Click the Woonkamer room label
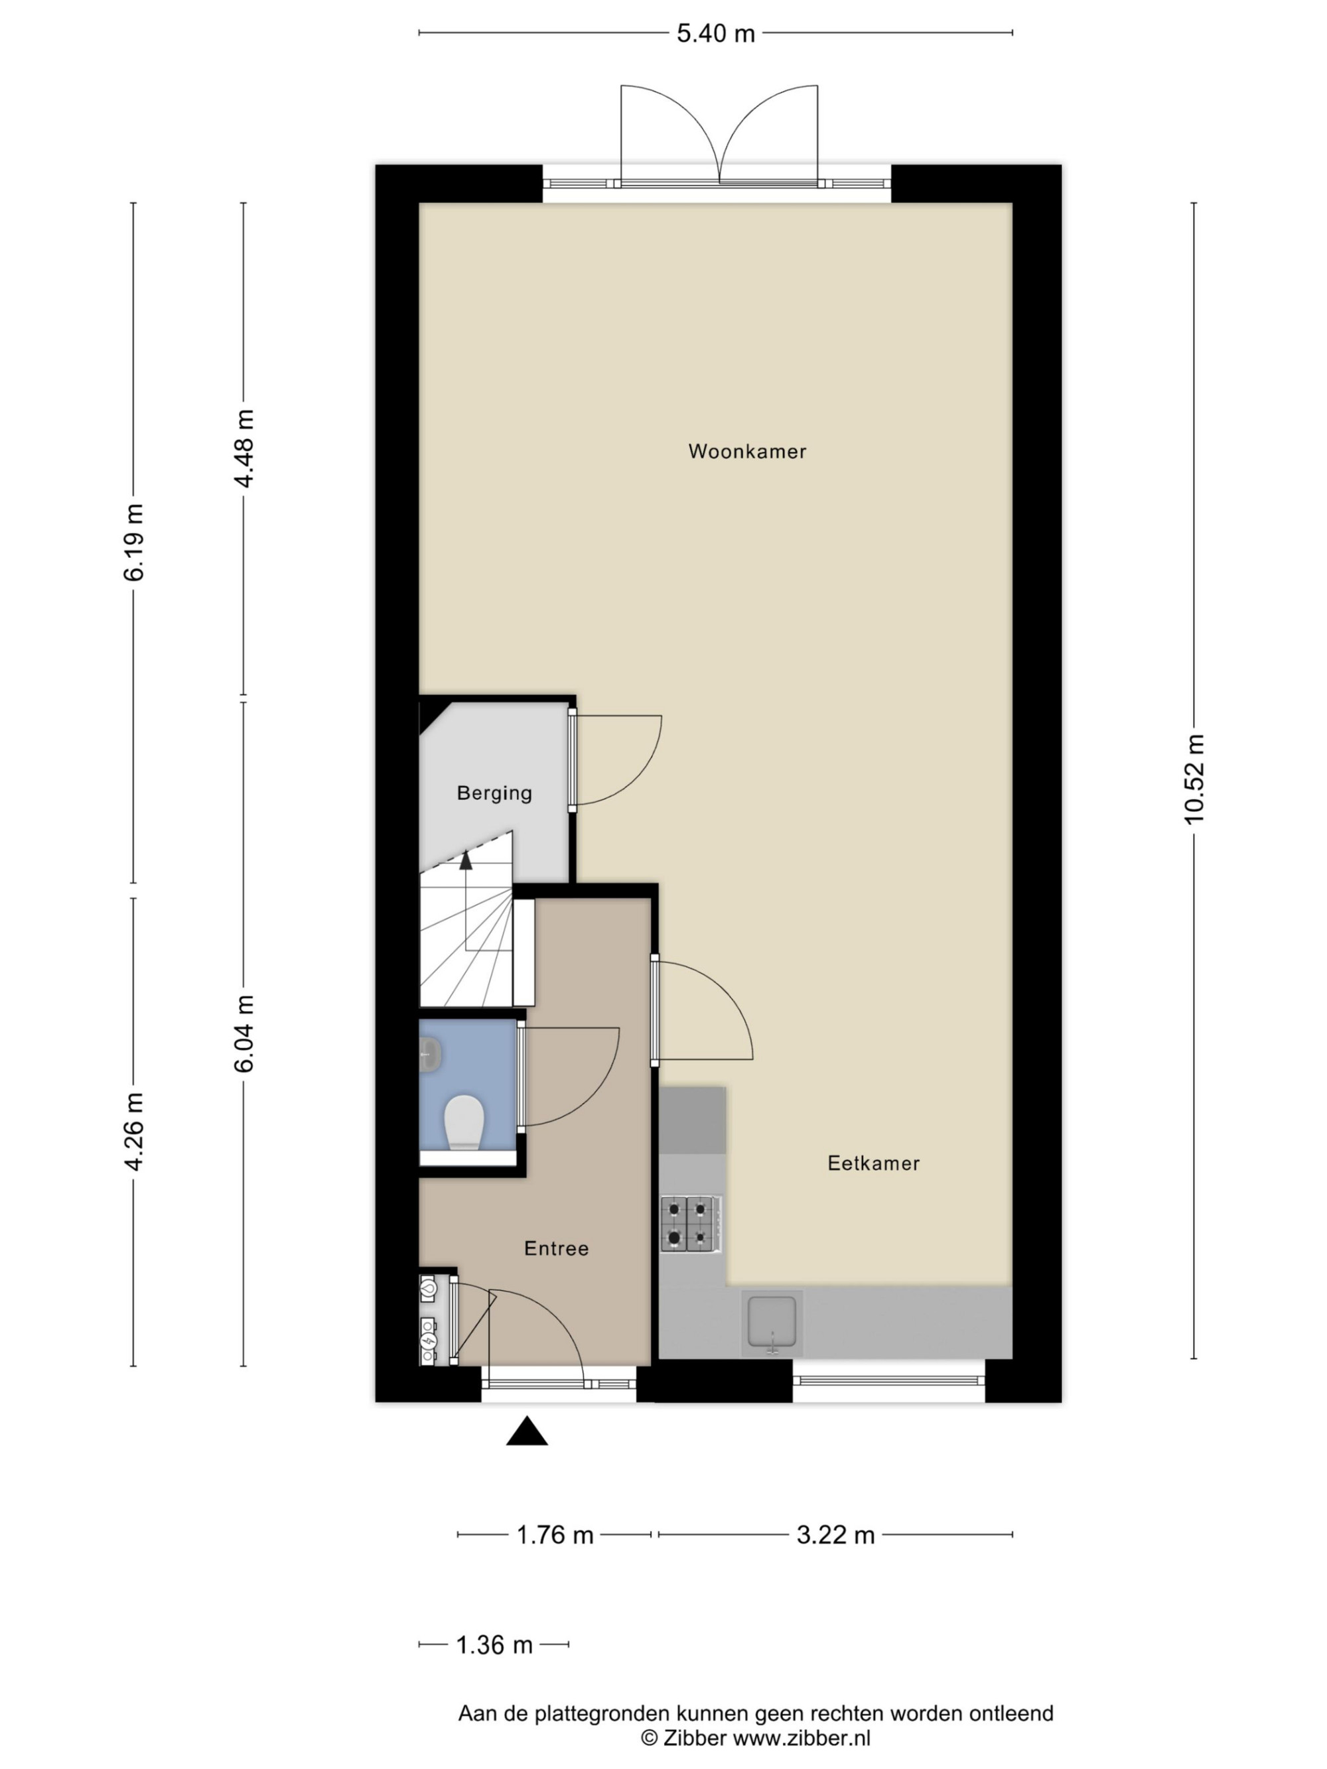(x=747, y=451)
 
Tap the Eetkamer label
(x=873, y=1163)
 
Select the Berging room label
(x=494, y=793)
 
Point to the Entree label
(x=556, y=1248)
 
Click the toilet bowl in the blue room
(x=464, y=1122)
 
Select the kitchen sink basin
(x=772, y=1322)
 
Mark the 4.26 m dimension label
(x=133, y=1132)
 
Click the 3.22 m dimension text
(x=835, y=1535)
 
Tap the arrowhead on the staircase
(x=466, y=860)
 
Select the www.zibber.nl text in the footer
(x=802, y=1738)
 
